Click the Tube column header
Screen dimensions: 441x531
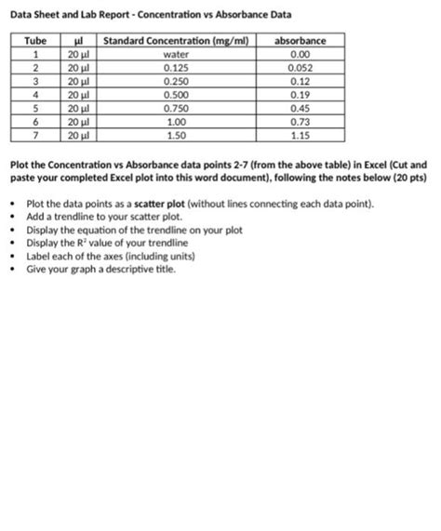tap(34, 41)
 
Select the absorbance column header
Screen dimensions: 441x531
tap(301, 41)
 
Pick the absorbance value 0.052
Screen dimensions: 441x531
tap(301, 67)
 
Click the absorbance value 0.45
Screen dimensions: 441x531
tap(301, 106)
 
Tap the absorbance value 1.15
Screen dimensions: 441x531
tap(301, 132)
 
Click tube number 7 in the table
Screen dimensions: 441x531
tap(34, 132)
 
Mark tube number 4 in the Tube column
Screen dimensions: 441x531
tap(34, 93)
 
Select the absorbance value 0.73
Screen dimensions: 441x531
tap(301, 119)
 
